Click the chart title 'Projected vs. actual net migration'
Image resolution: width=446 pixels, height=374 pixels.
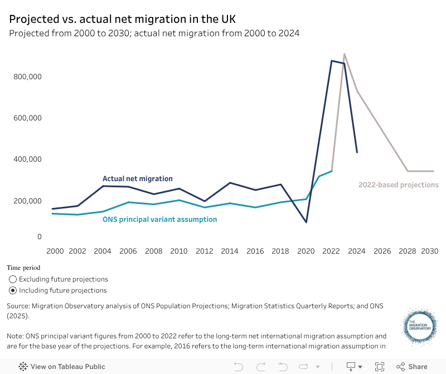pos(122,18)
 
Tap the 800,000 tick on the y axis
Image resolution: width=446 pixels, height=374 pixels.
pos(28,77)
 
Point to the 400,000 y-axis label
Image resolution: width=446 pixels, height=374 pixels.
pos(28,159)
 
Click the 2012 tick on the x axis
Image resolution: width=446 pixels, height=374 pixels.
pos(204,251)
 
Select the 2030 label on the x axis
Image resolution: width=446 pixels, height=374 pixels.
pos(429,251)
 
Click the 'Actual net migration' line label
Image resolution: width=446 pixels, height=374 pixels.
pos(138,179)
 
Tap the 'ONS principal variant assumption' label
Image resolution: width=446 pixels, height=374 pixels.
pos(159,220)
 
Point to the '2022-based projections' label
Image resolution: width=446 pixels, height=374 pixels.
pos(398,185)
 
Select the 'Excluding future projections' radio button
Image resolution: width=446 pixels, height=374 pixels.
pos(13,279)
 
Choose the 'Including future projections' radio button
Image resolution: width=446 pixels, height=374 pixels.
pos(13,290)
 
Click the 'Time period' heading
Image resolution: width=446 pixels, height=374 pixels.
pos(23,268)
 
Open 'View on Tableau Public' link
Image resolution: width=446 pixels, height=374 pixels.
pos(62,367)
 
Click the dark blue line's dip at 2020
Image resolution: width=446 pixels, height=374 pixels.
pos(306,222)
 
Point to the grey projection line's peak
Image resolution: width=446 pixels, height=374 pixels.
pos(345,54)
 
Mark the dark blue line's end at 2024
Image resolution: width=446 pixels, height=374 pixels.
pos(357,152)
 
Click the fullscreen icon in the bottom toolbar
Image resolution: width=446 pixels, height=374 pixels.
pos(380,367)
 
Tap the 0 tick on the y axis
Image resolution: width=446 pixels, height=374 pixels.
pos(40,237)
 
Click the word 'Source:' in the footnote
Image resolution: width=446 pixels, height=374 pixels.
pos(18,306)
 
